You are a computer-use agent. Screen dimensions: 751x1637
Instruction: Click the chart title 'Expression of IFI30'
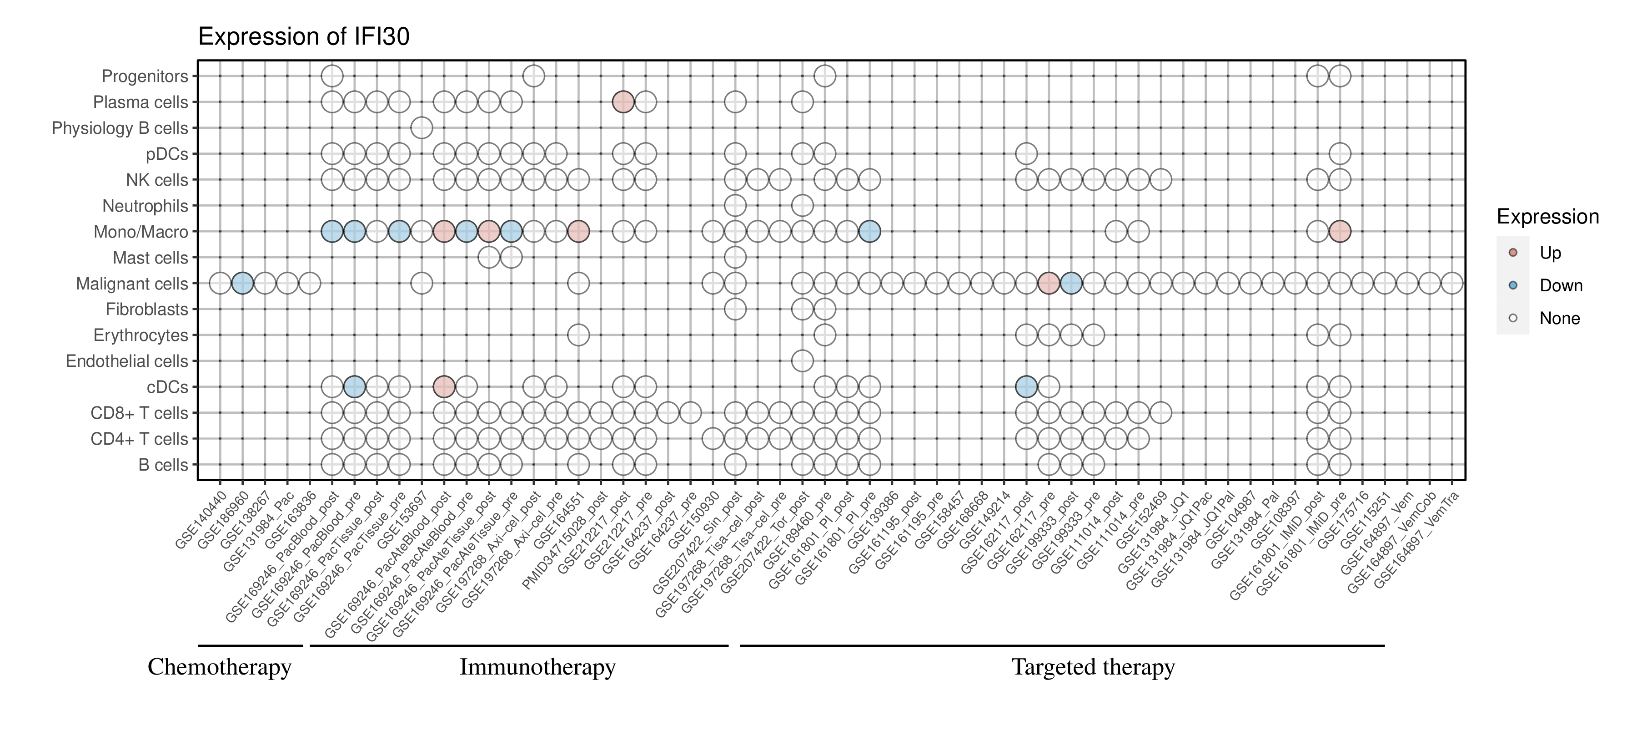[304, 37]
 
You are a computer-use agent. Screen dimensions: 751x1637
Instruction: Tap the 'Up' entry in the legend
[1550, 253]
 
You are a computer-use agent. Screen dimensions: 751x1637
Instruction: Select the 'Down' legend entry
[1560, 285]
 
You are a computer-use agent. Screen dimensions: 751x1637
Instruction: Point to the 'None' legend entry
[1559, 319]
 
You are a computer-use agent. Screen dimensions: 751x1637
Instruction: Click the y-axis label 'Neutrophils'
[145, 206]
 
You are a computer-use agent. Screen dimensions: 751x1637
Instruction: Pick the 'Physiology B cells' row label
[120, 128]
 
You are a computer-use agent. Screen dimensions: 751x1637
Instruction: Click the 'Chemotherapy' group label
[219, 667]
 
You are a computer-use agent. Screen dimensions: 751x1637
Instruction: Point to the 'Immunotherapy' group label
[537, 667]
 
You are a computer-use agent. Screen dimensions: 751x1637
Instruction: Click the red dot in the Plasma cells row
[623, 102]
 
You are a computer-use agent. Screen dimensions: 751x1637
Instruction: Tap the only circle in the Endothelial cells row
[802, 361]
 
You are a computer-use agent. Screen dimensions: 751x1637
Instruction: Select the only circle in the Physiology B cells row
[422, 128]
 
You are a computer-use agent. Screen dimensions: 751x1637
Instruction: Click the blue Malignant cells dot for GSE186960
[242, 283]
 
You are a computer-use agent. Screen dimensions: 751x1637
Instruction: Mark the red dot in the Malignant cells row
[1049, 283]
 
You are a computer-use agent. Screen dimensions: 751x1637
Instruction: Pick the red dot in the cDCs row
[443, 386]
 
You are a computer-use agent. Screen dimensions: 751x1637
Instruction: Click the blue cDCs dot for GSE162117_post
[1026, 386]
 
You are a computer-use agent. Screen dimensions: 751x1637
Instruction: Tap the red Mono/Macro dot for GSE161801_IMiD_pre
[1340, 232]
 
